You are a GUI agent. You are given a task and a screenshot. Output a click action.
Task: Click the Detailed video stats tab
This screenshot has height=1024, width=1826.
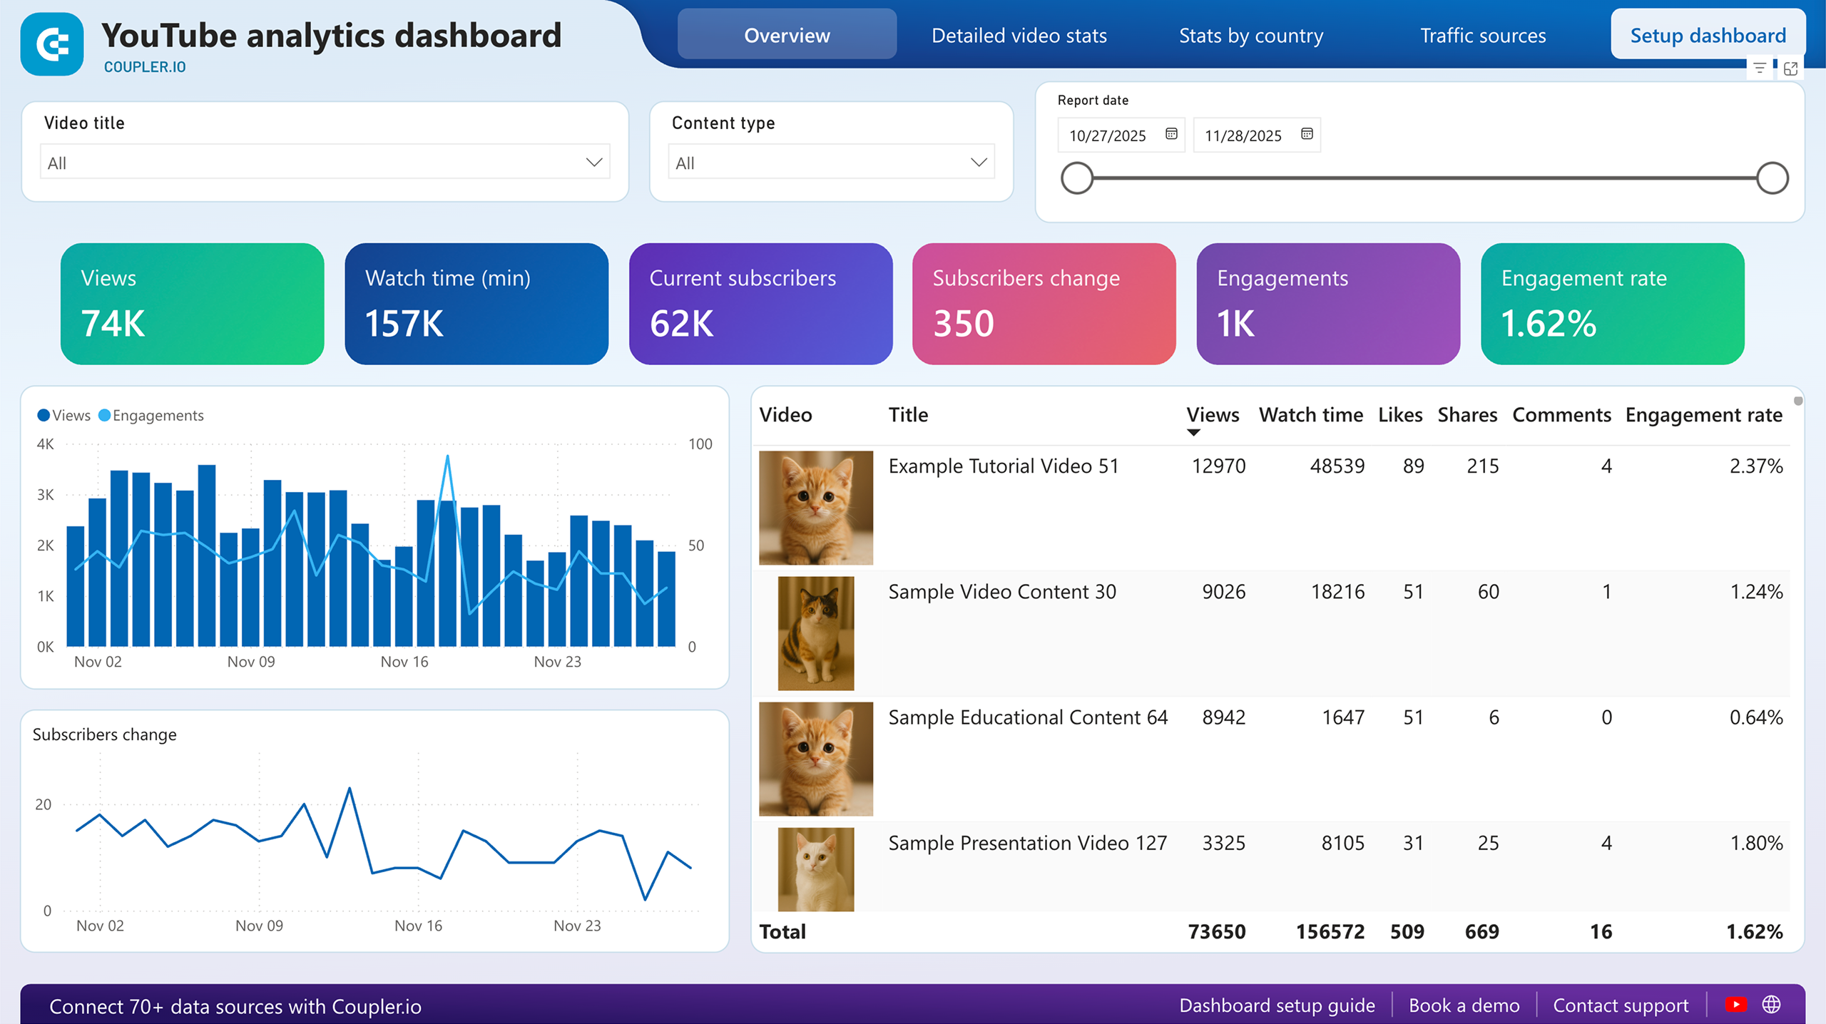(1019, 36)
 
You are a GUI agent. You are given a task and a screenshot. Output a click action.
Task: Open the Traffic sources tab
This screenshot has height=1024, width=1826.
(1482, 36)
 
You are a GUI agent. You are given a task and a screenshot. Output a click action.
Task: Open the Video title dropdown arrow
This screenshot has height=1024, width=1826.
(593, 163)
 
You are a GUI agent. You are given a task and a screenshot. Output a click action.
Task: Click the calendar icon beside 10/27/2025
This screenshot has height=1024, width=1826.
(1171, 134)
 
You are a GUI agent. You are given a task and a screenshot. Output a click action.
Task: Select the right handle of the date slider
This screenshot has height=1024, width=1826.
(1772, 178)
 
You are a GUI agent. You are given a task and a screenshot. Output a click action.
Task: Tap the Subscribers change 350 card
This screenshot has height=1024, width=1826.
(1044, 304)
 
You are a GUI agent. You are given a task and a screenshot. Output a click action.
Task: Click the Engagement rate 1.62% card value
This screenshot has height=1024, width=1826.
(1548, 324)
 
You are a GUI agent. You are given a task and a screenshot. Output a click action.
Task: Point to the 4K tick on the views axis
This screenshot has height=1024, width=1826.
(45, 444)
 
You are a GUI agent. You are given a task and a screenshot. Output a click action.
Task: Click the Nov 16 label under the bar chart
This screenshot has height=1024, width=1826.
(404, 662)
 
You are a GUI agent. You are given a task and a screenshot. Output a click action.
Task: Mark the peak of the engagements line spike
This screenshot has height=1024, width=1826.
(447, 456)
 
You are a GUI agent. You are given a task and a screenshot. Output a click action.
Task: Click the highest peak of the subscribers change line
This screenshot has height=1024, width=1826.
(350, 789)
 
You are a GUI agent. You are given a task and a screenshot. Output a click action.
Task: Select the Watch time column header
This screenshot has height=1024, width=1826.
(1310, 415)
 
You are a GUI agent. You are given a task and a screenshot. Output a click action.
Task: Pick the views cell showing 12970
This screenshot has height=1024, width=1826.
(1218, 466)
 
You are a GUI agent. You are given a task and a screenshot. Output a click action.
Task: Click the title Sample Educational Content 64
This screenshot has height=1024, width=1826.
(1027, 717)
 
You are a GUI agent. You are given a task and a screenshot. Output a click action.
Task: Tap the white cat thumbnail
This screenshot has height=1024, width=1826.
(815, 869)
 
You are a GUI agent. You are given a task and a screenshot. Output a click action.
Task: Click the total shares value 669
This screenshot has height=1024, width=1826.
(1481, 931)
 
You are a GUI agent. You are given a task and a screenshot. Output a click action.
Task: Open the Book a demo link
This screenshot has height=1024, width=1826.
(1464, 1005)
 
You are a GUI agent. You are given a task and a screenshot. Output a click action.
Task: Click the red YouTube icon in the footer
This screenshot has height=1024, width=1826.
(1735, 1005)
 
